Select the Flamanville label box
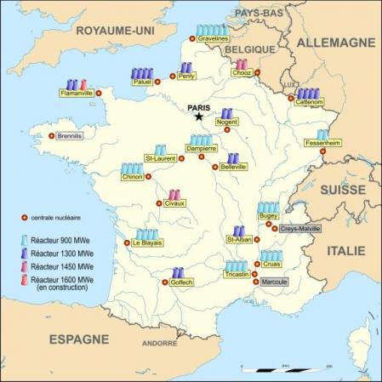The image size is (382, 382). tap(77, 93)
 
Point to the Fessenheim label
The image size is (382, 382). tap(322, 144)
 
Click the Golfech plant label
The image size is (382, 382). tap(185, 282)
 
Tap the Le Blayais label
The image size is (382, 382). tap(146, 243)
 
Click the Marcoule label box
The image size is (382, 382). tap(273, 282)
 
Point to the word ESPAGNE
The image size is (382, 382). tap(78, 339)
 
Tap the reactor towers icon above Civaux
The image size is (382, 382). tap(174, 195)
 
